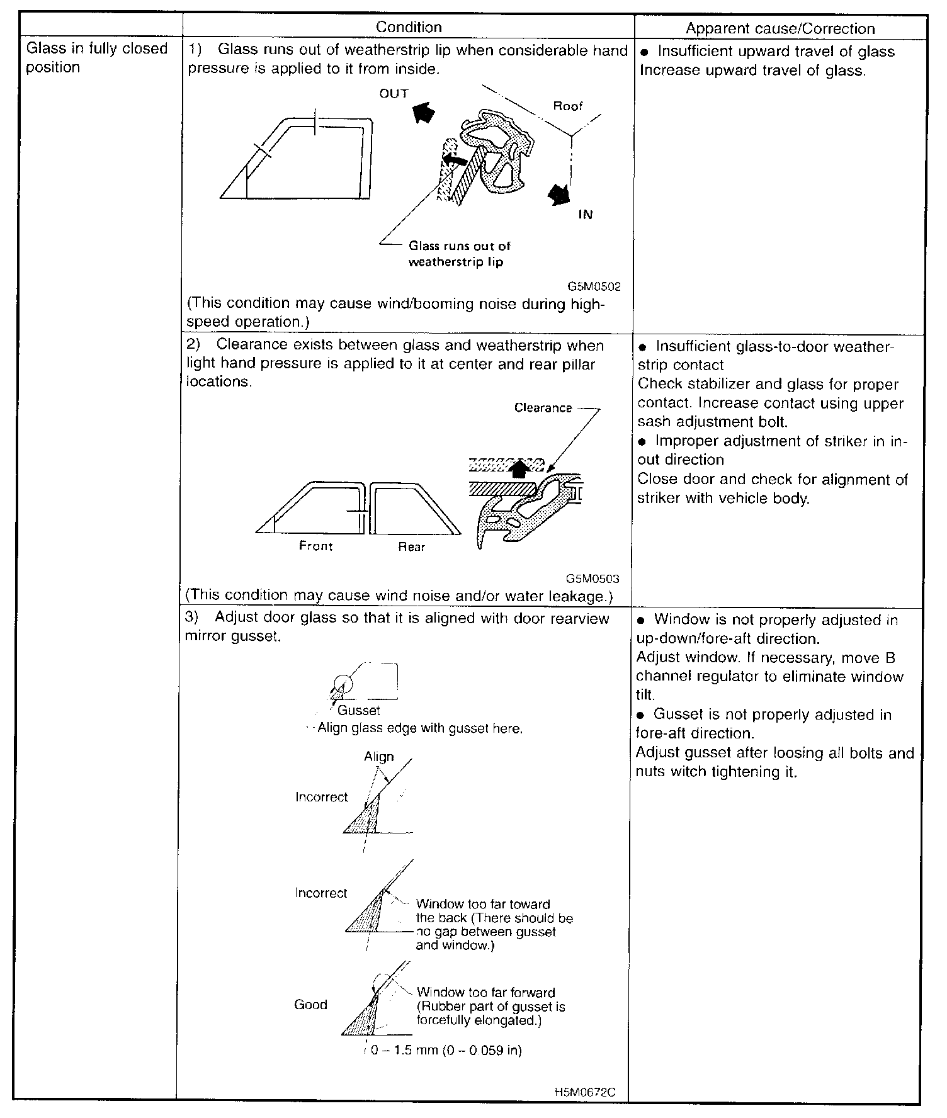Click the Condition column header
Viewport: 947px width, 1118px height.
point(409,27)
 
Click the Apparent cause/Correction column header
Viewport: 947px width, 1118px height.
point(780,28)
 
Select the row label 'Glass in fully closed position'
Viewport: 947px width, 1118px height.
point(96,58)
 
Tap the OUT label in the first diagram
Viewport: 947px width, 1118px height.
point(394,94)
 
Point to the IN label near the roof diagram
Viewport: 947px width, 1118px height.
point(586,215)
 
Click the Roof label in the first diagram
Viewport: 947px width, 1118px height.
point(568,106)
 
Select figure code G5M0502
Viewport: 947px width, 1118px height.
point(594,286)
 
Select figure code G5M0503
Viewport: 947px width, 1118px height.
point(592,579)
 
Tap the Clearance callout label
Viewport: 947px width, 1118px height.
point(543,408)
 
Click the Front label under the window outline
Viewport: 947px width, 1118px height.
point(315,546)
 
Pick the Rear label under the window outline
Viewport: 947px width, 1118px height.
point(411,547)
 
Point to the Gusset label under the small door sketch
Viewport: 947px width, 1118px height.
point(359,710)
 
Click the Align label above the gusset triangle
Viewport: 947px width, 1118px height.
point(378,757)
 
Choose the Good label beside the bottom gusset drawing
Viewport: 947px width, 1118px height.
point(310,1005)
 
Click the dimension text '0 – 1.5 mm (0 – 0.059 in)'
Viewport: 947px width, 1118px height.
point(445,1050)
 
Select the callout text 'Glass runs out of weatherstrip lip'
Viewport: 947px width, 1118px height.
point(459,254)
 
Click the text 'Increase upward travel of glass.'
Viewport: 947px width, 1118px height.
point(752,70)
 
